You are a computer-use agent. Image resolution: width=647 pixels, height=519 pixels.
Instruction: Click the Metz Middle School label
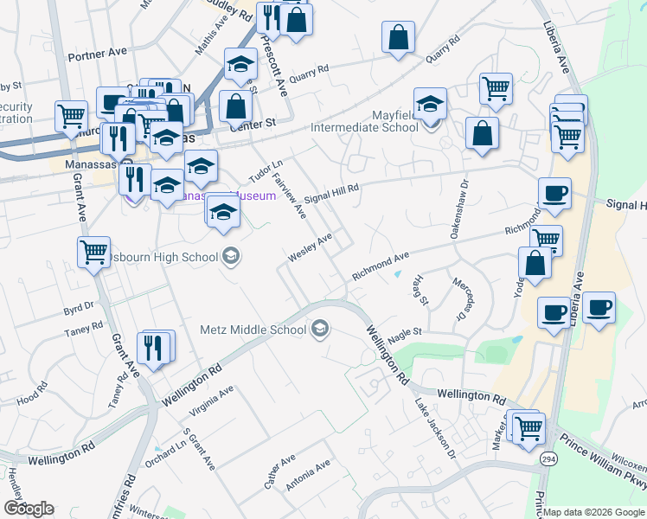click(253, 330)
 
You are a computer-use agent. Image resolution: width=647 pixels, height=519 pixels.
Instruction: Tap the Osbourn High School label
click(170, 257)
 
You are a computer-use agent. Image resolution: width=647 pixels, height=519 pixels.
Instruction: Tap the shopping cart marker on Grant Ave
click(93, 253)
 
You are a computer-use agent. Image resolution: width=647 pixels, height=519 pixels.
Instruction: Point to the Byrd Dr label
click(78, 307)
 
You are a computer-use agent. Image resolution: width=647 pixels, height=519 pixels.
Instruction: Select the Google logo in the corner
click(29, 509)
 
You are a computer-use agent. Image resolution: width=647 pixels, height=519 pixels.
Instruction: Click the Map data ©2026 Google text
click(594, 512)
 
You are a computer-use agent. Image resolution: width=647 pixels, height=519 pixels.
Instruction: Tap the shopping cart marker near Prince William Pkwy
click(528, 427)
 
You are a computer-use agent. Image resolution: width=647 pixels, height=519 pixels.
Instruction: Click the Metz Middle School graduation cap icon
click(320, 329)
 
